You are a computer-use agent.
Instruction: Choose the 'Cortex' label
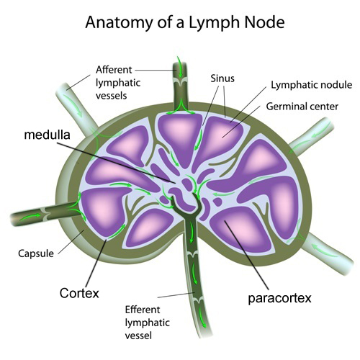coord(78,294)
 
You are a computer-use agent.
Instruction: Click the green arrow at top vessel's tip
coord(178,71)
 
